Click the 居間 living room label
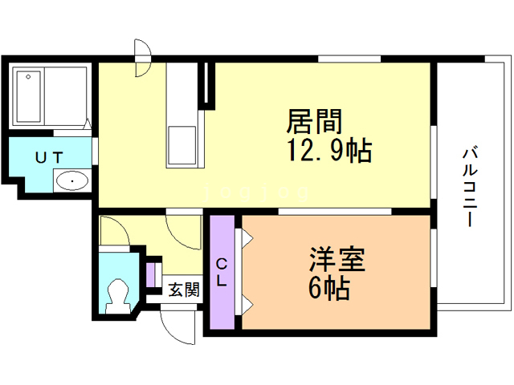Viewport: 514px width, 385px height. coord(316,122)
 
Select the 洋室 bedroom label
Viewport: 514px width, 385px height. coord(337,261)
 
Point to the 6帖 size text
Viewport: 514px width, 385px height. coord(328,288)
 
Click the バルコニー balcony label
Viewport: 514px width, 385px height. coord(471,185)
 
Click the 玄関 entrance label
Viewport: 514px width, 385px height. coord(183,290)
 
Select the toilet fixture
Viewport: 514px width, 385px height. coord(120,294)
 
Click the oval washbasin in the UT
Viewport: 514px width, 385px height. coord(72,180)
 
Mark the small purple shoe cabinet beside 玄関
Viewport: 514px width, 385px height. coord(151,273)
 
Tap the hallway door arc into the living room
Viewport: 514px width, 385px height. coord(183,230)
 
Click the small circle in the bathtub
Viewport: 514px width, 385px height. coord(30,77)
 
